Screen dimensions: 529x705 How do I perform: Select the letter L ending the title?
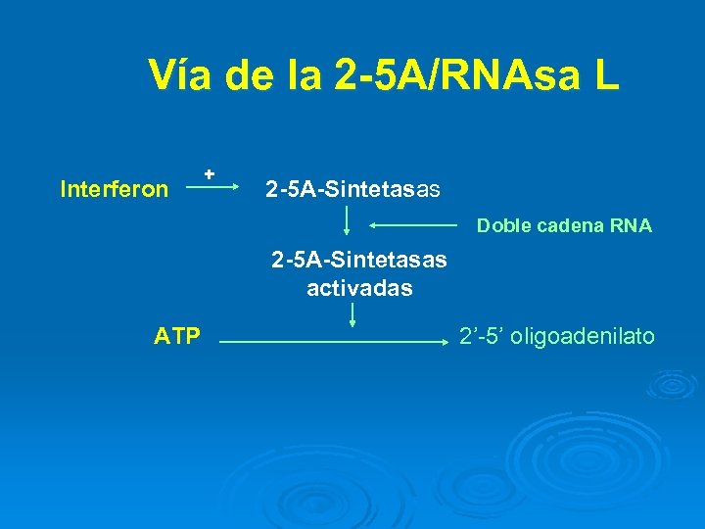[605, 75]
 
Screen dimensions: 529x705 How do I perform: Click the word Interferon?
[114, 189]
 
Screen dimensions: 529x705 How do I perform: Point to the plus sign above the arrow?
[210, 172]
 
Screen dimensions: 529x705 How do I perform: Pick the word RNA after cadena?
[631, 226]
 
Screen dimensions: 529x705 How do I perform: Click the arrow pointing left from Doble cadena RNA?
[411, 225]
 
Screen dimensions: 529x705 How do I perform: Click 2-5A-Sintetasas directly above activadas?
[359, 261]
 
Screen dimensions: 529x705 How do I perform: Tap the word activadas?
[359, 289]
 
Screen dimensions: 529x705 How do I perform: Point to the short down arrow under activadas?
[352, 315]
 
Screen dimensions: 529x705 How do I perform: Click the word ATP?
[177, 338]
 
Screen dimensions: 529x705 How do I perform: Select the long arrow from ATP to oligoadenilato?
[332, 342]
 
